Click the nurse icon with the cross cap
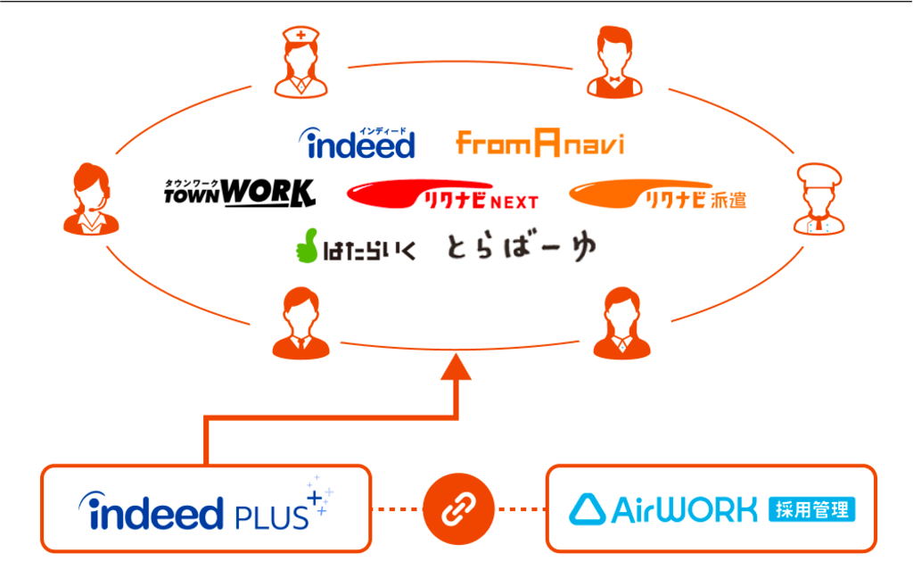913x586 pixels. [300, 62]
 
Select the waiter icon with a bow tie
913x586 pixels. [614, 62]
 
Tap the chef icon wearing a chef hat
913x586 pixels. [818, 199]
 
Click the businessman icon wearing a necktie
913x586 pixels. [301, 323]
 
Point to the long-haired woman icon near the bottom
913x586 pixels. [621, 323]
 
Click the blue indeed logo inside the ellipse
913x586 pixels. [357, 144]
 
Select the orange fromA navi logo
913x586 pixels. [539, 143]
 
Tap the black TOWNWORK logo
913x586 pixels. [239, 193]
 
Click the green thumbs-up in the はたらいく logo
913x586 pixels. [307, 245]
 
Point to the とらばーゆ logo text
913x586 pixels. [522, 247]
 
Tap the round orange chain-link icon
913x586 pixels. [458, 508]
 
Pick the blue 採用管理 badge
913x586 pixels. [811, 509]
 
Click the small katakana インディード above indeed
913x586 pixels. [382, 131]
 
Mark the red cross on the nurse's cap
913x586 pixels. [301, 35]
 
